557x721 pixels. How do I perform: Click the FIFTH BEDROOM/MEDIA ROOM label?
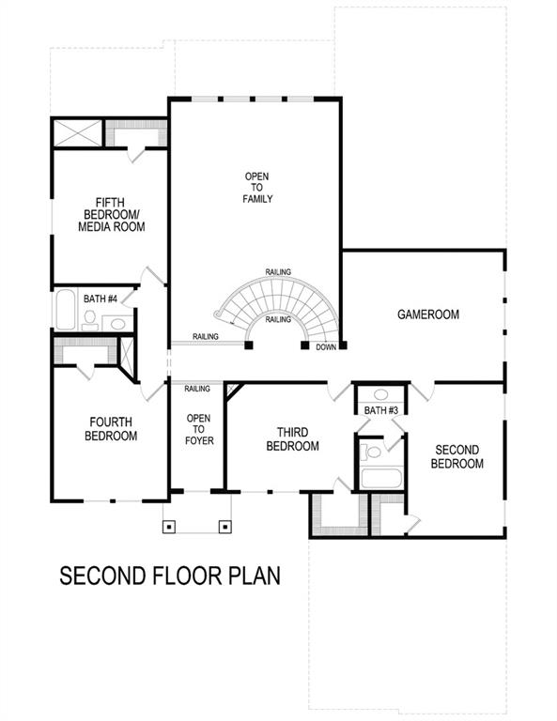click(111, 214)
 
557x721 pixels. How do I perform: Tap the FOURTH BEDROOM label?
click(112, 429)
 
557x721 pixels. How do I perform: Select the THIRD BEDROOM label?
click(292, 439)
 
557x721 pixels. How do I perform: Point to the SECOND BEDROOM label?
click(457, 457)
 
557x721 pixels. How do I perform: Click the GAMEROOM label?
click(427, 314)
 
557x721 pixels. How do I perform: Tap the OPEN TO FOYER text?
click(198, 430)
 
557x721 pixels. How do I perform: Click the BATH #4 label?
click(100, 299)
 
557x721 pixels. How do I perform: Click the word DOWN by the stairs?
click(326, 346)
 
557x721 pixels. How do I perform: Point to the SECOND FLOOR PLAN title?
click(170, 575)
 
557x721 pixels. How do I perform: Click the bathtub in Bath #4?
click(66, 311)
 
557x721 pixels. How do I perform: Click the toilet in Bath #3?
click(373, 453)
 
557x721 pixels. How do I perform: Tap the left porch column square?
click(169, 526)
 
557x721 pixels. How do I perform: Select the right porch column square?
click(224, 526)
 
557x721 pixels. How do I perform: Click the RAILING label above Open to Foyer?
click(196, 388)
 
